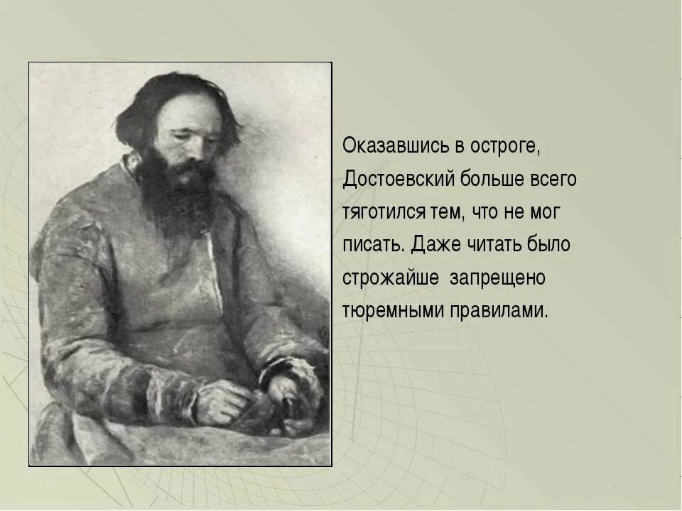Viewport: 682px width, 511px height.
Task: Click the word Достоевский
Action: click(393, 179)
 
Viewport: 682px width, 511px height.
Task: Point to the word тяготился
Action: click(384, 212)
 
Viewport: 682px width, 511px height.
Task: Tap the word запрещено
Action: click(497, 278)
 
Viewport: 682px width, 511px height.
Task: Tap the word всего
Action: click(553, 179)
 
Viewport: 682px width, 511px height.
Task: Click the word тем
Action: click(446, 212)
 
